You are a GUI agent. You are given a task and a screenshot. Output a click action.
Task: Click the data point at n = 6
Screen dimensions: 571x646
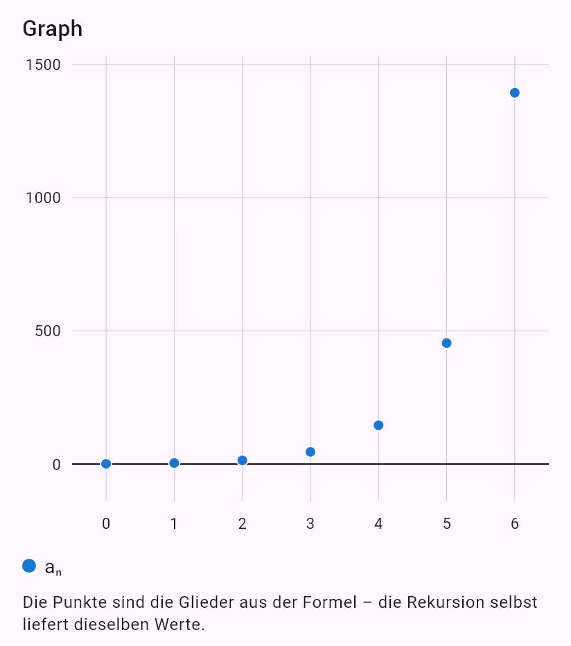515,93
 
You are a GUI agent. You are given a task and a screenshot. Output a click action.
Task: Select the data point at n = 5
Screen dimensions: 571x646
446,343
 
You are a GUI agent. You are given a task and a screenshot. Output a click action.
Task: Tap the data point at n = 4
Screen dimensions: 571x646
378,425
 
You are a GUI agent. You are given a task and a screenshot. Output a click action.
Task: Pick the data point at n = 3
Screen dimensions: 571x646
310,452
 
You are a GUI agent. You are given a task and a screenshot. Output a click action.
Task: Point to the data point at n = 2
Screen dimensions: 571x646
243,461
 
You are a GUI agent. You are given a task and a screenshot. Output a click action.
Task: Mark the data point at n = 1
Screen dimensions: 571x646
174,463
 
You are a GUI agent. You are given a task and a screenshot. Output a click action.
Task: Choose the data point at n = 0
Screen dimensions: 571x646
106,464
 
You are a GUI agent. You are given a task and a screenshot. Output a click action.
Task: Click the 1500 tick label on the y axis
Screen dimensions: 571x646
43,64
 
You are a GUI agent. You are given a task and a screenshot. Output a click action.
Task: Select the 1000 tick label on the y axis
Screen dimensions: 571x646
43,198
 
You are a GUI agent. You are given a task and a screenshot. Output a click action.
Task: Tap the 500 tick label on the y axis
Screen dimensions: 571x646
48,331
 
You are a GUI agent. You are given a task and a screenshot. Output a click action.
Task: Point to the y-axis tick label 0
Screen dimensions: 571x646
56,464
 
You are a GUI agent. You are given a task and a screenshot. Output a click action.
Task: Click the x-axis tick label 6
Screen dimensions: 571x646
515,523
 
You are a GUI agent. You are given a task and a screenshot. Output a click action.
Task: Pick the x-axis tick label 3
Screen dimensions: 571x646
310,523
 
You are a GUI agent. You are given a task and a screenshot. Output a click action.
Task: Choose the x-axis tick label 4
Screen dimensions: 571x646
378,523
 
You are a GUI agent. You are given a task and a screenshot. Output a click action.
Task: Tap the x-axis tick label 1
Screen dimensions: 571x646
174,523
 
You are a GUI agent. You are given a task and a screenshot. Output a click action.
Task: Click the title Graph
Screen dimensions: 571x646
53,29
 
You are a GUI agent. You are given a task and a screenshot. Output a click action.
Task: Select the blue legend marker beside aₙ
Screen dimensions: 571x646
29,566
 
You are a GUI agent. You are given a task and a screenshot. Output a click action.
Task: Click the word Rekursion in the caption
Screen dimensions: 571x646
444,602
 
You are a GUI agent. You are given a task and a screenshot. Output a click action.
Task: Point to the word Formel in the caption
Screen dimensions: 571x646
330,602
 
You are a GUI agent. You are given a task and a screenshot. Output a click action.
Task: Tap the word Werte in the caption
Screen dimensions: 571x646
179,625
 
